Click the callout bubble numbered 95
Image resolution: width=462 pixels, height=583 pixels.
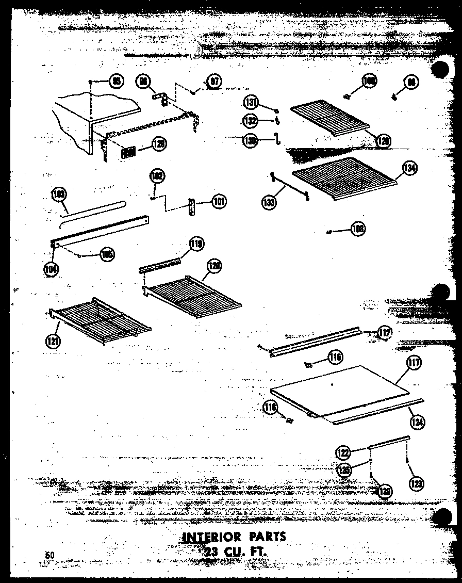point(117,82)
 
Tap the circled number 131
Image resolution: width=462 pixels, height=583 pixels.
point(251,103)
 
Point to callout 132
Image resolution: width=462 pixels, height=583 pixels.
point(251,120)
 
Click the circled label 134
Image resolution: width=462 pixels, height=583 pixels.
point(410,169)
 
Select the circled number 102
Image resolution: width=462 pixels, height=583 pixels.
point(157,176)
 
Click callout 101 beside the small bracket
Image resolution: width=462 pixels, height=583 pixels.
point(218,202)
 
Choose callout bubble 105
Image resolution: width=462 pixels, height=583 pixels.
point(107,254)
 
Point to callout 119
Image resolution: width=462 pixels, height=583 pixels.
point(196,244)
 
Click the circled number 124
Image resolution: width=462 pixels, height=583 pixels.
point(417,422)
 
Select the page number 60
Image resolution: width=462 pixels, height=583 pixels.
point(49,555)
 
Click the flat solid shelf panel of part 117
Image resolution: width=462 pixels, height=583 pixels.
point(340,390)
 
